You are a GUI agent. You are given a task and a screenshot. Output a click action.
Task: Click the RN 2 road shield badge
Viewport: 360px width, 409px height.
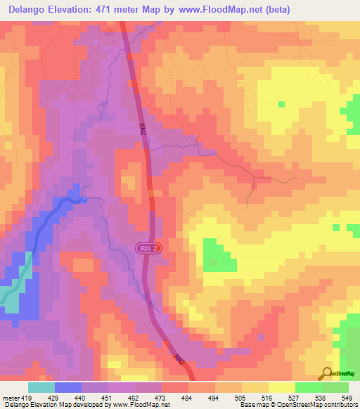[146, 247]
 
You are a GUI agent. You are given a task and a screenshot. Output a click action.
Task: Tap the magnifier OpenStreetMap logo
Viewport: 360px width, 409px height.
[328, 373]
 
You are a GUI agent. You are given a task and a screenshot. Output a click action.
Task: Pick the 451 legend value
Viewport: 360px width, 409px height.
[108, 398]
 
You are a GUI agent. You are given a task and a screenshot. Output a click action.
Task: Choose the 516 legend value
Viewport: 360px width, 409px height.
[267, 398]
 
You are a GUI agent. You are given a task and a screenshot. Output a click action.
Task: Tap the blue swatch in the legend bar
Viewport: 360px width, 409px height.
[68, 387]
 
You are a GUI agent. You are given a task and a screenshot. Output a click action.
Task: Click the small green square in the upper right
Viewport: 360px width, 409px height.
[282, 104]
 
